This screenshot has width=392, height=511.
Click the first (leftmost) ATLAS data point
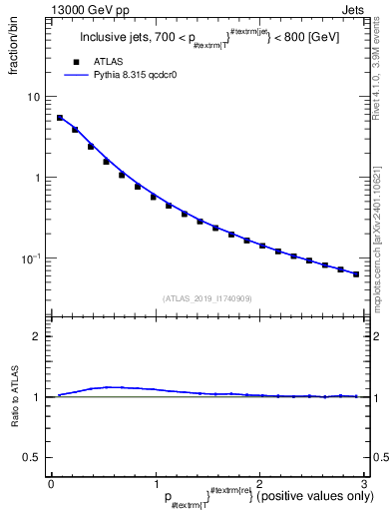(60, 118)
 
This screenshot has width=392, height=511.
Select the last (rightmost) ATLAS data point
(356, 273)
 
